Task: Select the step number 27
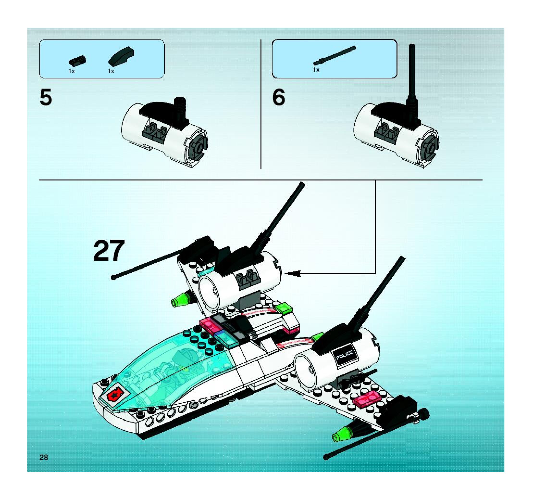tap(109, 251)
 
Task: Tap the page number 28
tap(44, 457)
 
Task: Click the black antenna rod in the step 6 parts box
tap(335, 56)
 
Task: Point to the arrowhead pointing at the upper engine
tap(293, 274)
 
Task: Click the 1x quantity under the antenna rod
tap(316, 70)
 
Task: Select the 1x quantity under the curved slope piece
tap(111, 71)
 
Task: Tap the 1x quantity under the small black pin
tap(72, 71)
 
